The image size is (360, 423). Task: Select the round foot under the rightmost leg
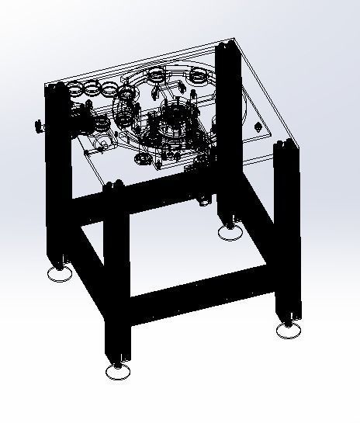(289, 330)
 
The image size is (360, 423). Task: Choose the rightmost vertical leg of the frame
(288, 233)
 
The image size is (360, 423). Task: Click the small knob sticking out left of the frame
(36, 125)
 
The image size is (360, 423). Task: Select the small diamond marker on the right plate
(258, 125)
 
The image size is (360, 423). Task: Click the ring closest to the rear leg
(200, 76)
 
